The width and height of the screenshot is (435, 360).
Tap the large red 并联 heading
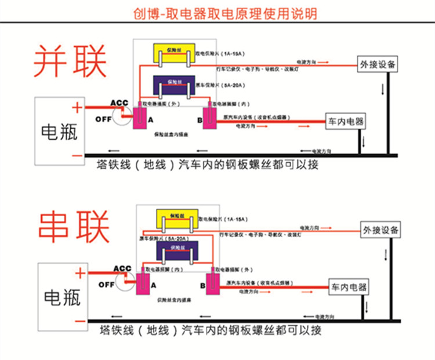tap(70, 59)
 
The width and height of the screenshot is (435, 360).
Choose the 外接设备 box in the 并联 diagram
tap(378, 64)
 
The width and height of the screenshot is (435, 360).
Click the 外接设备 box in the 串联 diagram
tap(380, 230)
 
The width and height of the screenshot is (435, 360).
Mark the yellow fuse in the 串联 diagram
tap(177, 219)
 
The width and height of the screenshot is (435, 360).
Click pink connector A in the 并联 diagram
tap(140, 119)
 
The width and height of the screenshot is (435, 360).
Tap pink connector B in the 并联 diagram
tap(209, 118)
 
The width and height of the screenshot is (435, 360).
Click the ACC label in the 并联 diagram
tap(119, 103)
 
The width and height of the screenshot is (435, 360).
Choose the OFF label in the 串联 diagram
tap(106, 285)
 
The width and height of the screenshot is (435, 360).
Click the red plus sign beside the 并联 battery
tap(76, 107)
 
